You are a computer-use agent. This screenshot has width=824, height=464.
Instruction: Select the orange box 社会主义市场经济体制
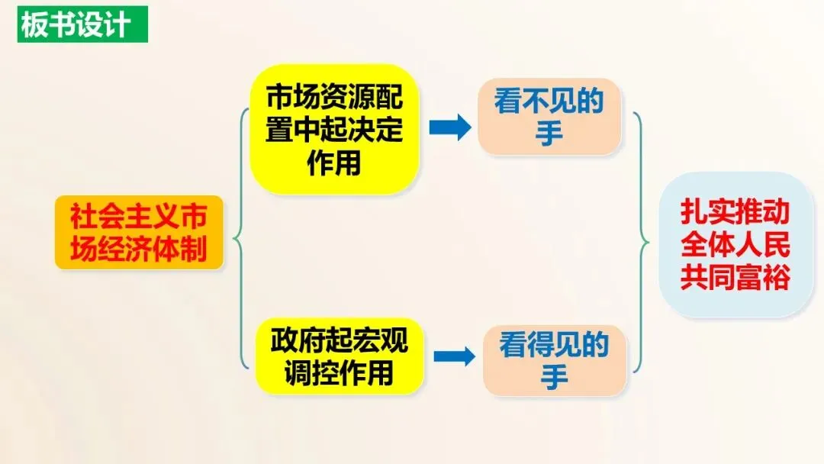[x=139, y=233]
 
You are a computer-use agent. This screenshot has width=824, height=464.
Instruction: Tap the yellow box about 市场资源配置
[x=334, y=130]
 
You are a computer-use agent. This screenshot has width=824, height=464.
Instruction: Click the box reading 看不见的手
[x=549, y=117]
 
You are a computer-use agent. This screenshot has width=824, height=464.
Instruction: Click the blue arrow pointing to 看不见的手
[x=450, y=128]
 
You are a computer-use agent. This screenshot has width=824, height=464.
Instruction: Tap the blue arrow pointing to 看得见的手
[x=454, y=356]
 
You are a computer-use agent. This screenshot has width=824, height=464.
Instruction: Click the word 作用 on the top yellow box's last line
[x=334, y=163]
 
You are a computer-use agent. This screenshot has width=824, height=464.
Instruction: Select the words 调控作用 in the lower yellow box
[x=337, y=373]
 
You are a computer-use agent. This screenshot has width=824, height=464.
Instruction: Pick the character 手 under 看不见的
[x=549, y=134]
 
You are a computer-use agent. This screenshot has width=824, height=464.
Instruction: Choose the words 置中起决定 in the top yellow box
[x=334, y=130]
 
